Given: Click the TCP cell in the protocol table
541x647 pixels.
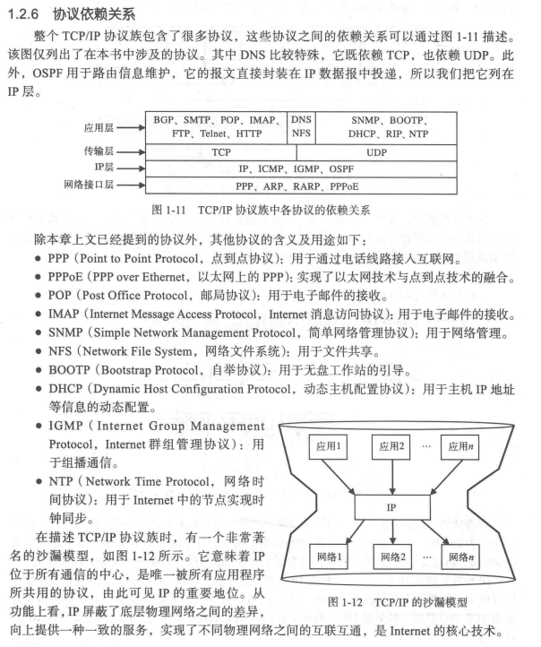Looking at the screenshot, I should point(221,152).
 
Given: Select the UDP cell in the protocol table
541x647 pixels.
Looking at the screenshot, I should point(376,152).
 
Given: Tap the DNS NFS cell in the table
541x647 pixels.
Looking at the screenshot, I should point(302,125).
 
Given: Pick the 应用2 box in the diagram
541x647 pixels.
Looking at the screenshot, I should point(391,445).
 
